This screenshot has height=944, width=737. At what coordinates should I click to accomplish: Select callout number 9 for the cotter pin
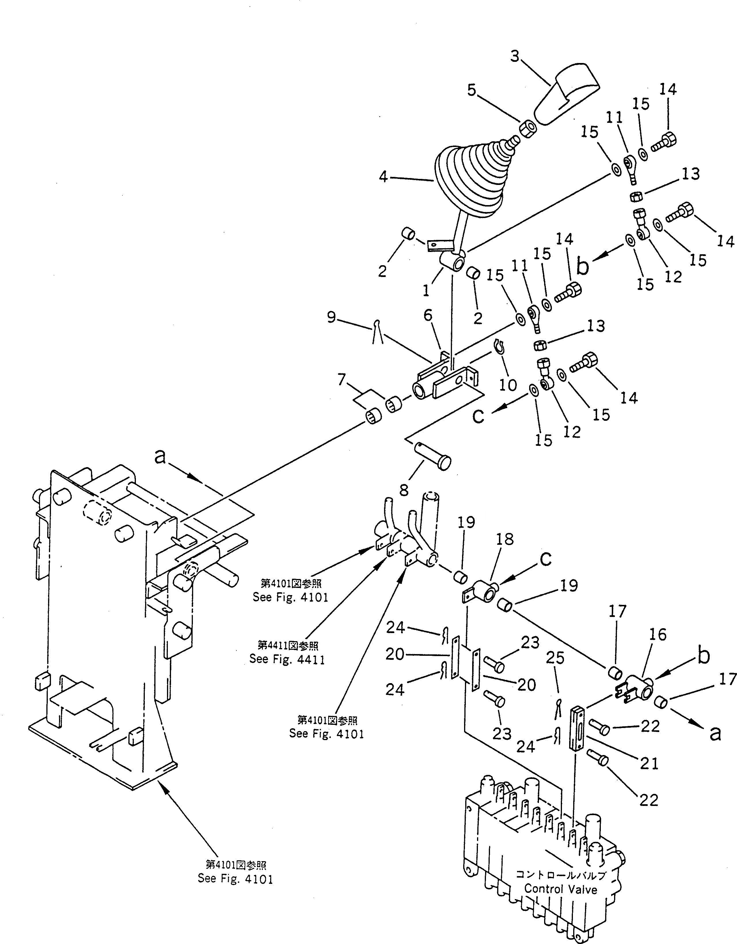click(331, 318)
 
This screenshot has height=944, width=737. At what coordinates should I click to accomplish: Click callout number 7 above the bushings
click(342, 380)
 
